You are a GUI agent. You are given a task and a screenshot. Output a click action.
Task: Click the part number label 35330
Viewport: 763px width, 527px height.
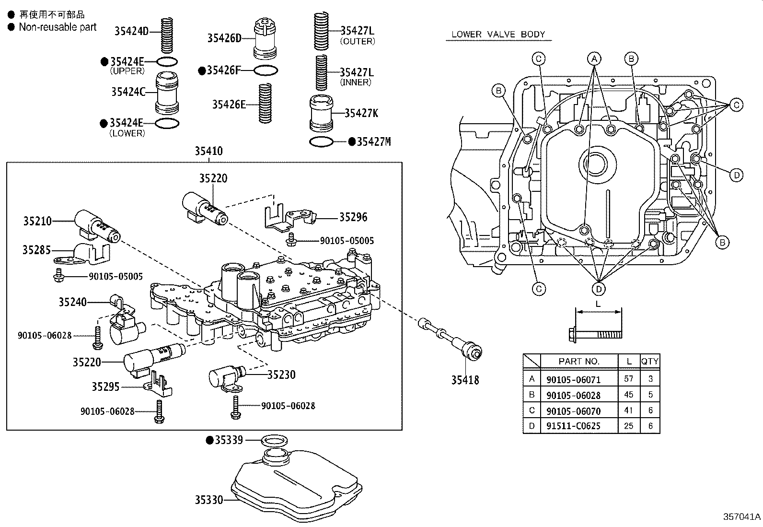pos(208,500)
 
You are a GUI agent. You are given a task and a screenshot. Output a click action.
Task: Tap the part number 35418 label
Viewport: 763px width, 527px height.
pos(464,380)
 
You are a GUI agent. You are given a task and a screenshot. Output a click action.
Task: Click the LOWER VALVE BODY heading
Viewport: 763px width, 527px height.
pos(498,35)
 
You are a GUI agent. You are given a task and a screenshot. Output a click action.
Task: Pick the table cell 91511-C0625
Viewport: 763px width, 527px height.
pos(573,426)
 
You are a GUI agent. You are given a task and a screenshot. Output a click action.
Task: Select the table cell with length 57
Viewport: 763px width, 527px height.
pos(628,379)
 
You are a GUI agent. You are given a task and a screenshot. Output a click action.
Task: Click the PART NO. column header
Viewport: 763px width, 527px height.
pos(579,361)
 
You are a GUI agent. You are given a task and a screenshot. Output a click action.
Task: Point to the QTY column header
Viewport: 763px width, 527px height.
pos(650,361)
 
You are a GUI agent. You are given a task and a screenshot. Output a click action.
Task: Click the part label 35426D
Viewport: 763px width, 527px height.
pos(224,38)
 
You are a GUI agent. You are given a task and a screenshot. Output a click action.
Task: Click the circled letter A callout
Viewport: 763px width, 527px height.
pos(594,59)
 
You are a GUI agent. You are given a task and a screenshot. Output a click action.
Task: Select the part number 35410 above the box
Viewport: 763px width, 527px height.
pos(208,151)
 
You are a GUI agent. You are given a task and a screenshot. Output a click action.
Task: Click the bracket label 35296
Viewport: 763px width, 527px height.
pos(353,217)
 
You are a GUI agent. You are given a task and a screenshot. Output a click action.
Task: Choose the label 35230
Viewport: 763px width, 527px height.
pos(281,375)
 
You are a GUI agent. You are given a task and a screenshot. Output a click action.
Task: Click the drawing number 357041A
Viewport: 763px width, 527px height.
pos(741,516)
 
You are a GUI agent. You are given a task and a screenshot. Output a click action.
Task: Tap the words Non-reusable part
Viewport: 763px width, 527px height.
pos(58,27)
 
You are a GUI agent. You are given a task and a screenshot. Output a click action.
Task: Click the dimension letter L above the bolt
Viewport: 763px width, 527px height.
pos(598,304)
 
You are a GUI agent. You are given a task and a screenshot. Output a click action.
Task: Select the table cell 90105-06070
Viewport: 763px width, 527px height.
pos(573,411)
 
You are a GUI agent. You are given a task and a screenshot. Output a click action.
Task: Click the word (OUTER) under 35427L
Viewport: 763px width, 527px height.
pos(357,41)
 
